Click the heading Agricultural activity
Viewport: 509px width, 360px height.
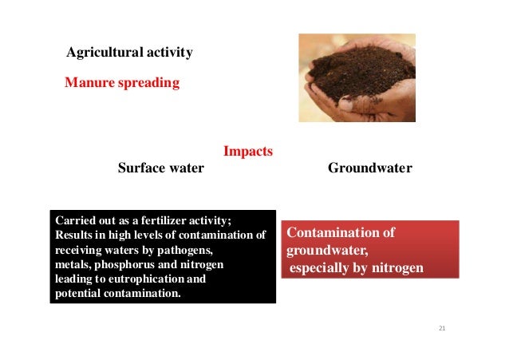point(129,53)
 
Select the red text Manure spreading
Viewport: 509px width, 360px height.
point(122,81)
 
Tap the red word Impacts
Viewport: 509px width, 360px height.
point(248,151)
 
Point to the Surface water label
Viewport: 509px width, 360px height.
point(161,168)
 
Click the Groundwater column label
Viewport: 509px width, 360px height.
point(370,168)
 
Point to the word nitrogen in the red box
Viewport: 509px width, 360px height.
point(396,267)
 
